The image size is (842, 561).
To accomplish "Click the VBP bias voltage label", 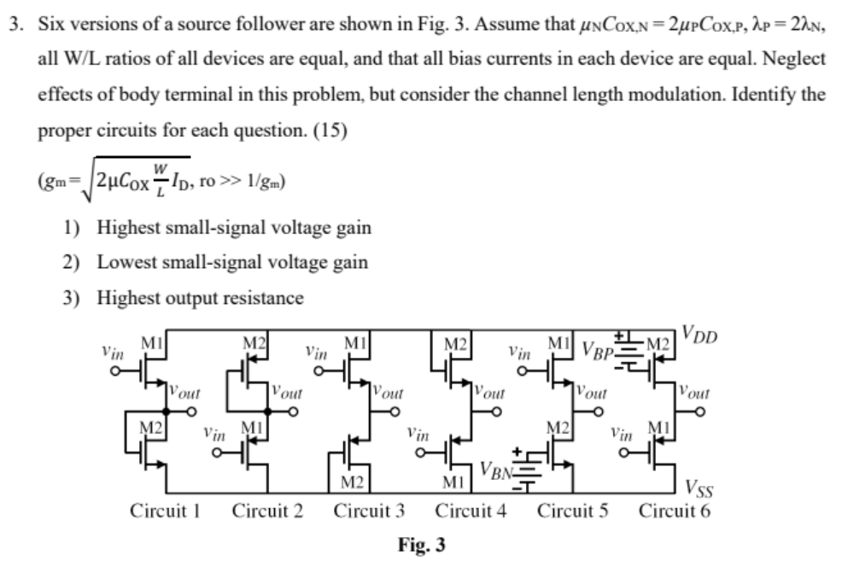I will pos(597,349).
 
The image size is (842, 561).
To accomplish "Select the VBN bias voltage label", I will pos(495,469).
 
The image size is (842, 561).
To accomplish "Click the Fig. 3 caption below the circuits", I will pos(422,544).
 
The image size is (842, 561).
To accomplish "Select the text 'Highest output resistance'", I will pos(200,298).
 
